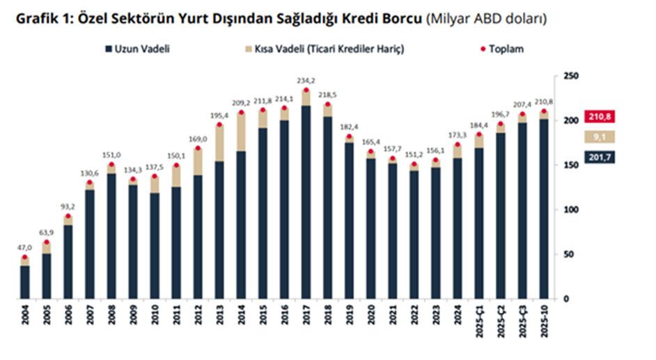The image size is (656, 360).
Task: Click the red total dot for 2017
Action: [306, 91]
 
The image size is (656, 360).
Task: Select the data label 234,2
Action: [306, 81]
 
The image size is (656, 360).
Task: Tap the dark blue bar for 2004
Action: [25, 282]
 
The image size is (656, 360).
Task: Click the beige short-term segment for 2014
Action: [241, 132]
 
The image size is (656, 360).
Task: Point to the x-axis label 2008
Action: [111, 325]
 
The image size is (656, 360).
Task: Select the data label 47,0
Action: [25, 247]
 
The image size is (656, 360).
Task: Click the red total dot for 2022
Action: [414, 165]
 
